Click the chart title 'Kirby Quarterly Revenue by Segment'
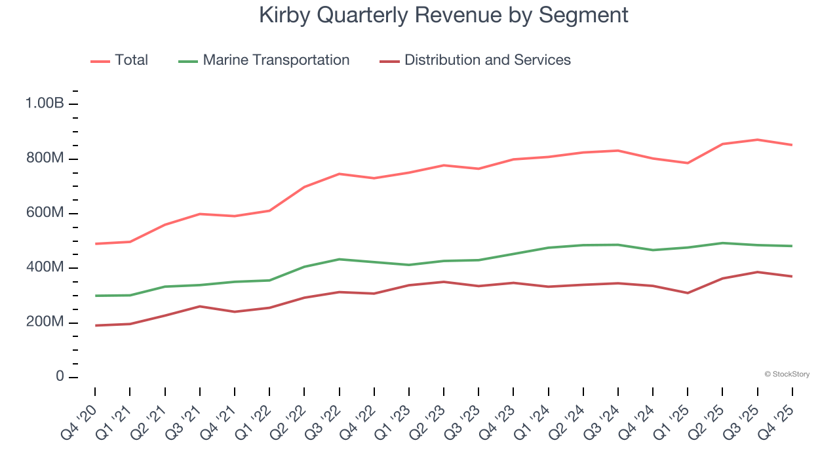click(x=444, y=15)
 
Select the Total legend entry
click(x=119, y=60)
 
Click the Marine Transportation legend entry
click(x=264, y=60)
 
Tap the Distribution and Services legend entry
click(x=475, y=60)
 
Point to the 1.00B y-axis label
click(x=45, y=104)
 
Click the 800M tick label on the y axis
click(x=45, y=159)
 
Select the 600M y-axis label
click(x=45, y=213)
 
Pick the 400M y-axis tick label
click(x=45, y=267)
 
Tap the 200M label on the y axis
click(x=45, y=322)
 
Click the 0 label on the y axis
click(x=60, y=377)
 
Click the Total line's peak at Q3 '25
click(x=758, y=140)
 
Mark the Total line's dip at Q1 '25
click(x=688, y=163)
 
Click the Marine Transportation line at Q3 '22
click(x=339, y=259)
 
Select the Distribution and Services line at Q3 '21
click(x=199, y=306)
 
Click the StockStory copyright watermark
click(x=787, y=374)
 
